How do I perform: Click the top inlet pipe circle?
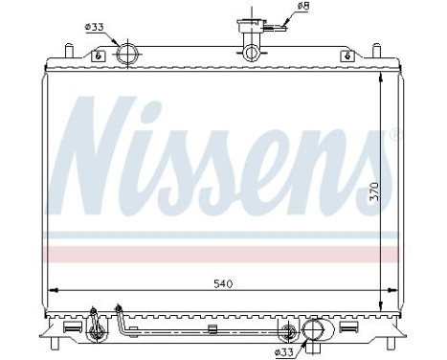click(124, 54)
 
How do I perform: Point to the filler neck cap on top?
click(254, 27)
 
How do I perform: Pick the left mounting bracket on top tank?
click(98, 55)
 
